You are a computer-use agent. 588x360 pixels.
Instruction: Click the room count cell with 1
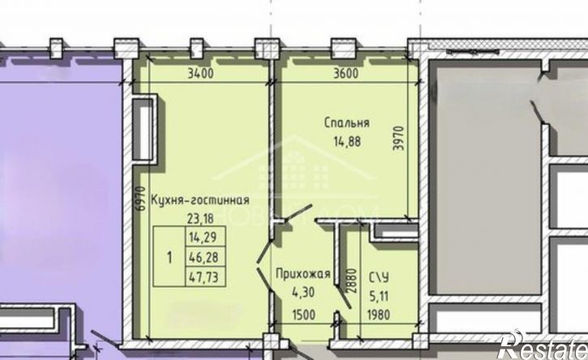click(x=168, y=259)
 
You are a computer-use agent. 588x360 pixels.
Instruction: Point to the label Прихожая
click(x=296, y=272)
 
